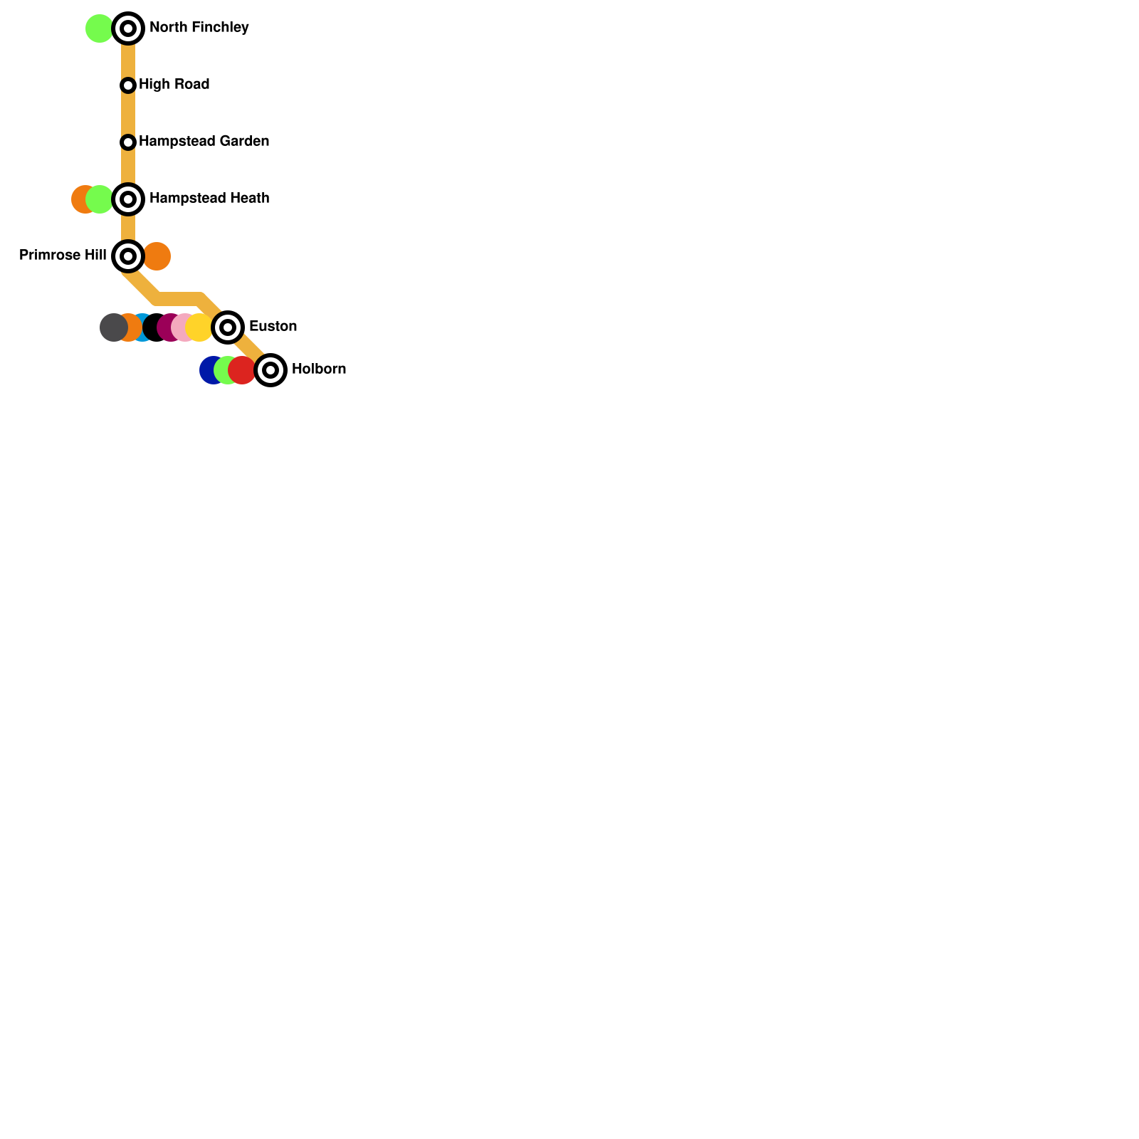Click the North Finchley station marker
coord(128,28)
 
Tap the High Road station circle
coord(128,85)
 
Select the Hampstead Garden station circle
coord(128,142)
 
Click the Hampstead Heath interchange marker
coord(128,199)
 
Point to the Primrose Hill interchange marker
coord(128,256)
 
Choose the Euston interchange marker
coord(228,327)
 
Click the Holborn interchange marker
coord(271,370)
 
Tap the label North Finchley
coord(199,28)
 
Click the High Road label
coord(174,85)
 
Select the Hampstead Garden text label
coord(204,142)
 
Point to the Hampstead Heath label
coord(209,199)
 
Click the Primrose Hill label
coord(63,256)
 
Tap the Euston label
coord(273,327)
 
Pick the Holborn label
coord(318,369)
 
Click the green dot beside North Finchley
coord(99,28)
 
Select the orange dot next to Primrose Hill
coord(157,256)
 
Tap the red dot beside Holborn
coord(243,370)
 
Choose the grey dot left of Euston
coord(112,327)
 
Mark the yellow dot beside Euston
coord(200,327)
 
